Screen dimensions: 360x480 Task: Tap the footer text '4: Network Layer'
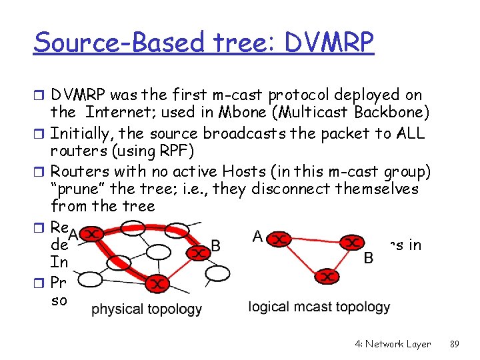coord(393,344)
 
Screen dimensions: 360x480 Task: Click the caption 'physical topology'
coord(147,309)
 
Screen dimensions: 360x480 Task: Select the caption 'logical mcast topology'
coord(319,307)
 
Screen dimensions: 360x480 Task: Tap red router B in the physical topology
coord(197,253)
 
